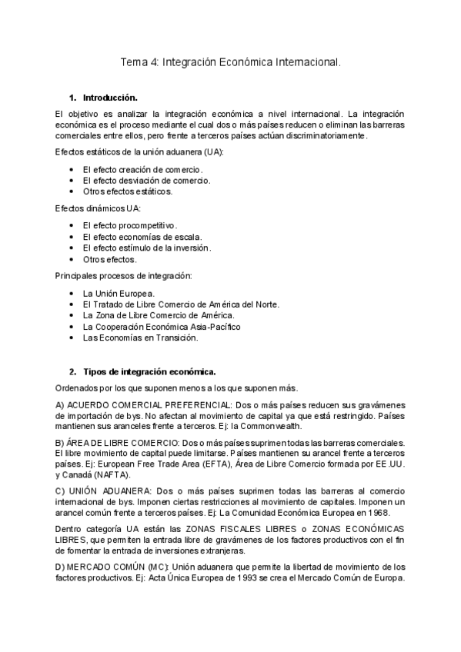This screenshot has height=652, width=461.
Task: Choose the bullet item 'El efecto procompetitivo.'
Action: pos(129,225)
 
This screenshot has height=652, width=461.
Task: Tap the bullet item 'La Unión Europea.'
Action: pos(119,293)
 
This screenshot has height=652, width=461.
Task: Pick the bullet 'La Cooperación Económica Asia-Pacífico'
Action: pos(161,327)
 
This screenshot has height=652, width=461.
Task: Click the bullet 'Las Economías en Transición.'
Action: pos(140,338)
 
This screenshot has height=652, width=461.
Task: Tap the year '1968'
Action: pos(379,511)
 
